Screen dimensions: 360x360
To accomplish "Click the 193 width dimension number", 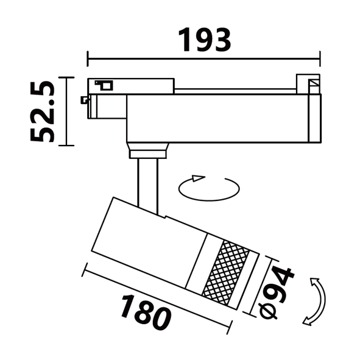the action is click(204, 40).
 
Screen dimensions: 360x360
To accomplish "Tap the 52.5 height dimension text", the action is click(43, 111).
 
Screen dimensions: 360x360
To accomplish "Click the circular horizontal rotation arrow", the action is click(209, 188).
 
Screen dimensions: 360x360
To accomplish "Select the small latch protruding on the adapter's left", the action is click(84, 100).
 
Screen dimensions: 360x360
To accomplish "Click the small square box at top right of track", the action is click(308, 84).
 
